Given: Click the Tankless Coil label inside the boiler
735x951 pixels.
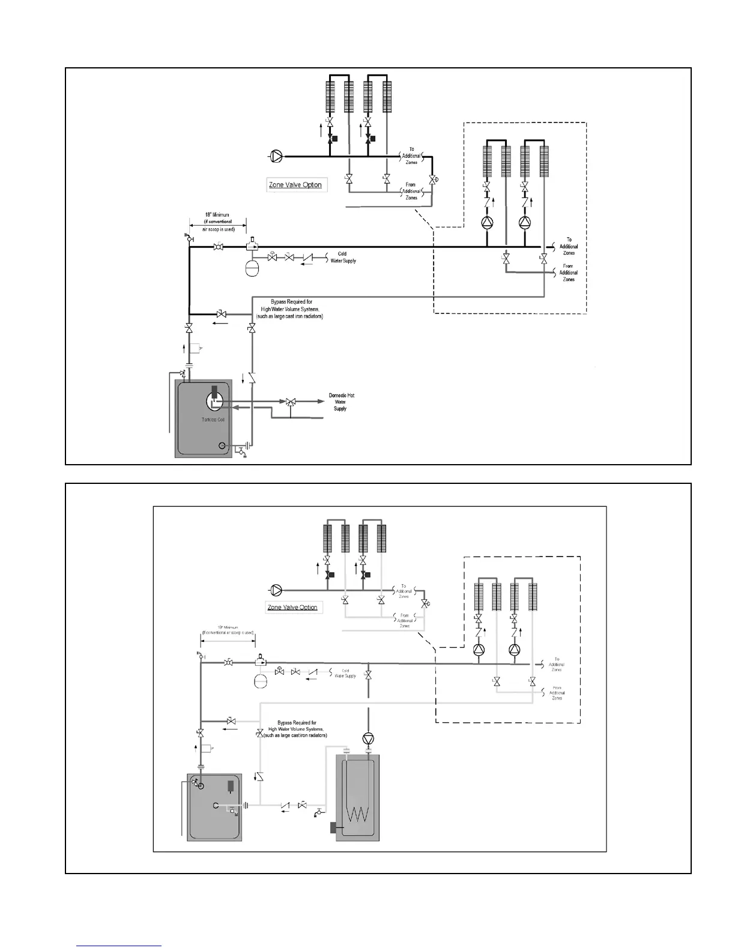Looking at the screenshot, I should point(213,420).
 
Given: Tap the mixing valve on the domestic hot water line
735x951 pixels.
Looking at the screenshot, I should point(291,401).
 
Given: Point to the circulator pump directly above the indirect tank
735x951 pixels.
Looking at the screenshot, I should point(368,738).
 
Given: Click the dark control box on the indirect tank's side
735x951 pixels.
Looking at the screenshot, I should point(333,828).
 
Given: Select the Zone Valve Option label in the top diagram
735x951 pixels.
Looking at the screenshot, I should point(295,185).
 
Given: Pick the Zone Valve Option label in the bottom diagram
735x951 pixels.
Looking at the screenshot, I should point(292,608).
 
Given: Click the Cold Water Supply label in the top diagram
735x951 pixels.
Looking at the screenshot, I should point(342,258).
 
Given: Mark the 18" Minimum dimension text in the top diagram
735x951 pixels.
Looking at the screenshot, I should point(217,215).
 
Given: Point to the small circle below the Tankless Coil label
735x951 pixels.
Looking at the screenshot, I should point(222,445).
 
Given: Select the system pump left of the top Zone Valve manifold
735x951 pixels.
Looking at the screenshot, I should point(276,157).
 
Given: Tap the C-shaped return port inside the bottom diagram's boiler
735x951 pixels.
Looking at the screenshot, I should point(215,806).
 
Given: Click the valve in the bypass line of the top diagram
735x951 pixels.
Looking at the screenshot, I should point(221,314).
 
